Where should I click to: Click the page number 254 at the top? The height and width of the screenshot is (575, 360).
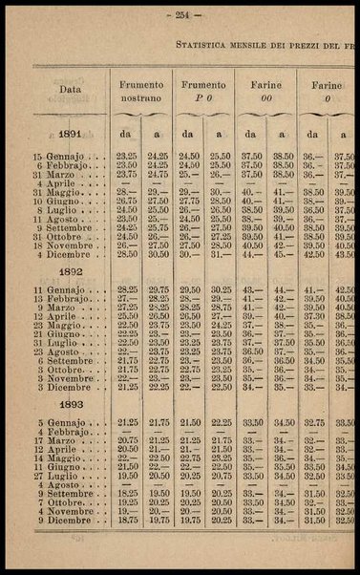click(180, 15)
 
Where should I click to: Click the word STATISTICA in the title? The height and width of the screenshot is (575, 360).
click(204, 44)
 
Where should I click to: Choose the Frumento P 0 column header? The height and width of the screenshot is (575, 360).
click(203, 90)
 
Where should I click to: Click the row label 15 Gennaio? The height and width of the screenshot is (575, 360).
click(65, 155)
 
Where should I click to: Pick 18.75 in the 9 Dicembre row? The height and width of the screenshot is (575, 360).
click(126, 520)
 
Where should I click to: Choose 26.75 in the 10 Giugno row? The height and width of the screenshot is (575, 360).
click(126, 200)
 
